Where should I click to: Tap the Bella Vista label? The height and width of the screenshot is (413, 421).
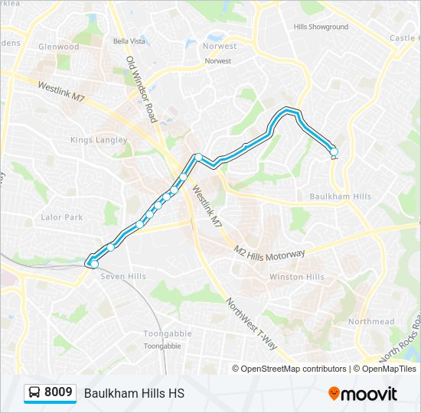(x=129, y=41)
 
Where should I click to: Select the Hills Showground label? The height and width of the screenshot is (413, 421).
(x=321, y=27)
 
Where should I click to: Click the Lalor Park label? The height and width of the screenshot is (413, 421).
(x=62, y=217)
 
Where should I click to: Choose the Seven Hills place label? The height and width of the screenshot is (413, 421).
(x=123, y=276)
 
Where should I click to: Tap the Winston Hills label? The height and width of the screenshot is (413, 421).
(x=296, y=277)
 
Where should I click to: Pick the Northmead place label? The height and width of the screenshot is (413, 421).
(x=370, y=322)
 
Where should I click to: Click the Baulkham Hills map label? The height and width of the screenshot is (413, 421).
(x=340, y=197)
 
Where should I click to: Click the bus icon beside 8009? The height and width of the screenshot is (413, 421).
(x=34, y=393)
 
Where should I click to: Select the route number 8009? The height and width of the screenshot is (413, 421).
(x=58, y=393)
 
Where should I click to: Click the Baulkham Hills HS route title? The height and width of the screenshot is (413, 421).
(x=134, y=393)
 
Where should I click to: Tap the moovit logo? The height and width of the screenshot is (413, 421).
(x=363, y=393)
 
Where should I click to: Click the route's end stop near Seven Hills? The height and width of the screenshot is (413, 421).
(x=94, y=264)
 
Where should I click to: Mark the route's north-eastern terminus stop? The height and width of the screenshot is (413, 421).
(x=333, y=151)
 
